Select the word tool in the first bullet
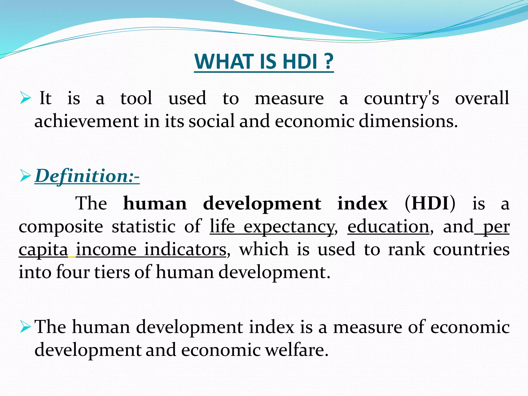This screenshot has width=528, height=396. click(136, 98)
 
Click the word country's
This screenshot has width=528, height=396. click(401, 99)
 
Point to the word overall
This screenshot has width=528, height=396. click(482, 98)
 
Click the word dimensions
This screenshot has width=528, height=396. click(408, 121)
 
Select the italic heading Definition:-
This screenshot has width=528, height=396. click(87, 176)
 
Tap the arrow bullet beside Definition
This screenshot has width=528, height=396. click(25, 177)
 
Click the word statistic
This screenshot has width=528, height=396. click(144, 226)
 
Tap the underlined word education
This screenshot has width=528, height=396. click(388, 226)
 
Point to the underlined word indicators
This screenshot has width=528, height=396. click(185, 250)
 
